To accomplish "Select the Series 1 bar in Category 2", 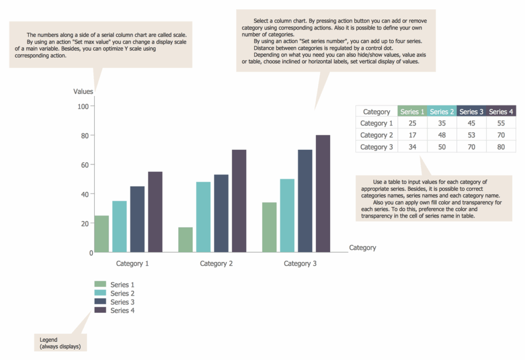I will point(186,239).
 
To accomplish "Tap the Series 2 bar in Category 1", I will point(119,226).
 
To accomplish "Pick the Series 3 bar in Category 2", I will point(221,213).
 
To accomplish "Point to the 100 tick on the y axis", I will point(83,106).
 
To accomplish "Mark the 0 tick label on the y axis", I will point(91,253).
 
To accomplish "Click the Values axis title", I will point(83,91).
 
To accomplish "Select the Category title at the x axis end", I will point(362,248).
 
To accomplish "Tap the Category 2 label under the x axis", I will point(216,264).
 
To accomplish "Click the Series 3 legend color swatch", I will point(100,302).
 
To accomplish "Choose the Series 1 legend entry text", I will point(123,285).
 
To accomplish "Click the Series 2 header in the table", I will point(441,111).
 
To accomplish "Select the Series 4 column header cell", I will point(501,111).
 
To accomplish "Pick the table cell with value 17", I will point(412,135).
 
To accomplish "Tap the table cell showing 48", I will point(441,135).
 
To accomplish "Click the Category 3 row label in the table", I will point(377,147).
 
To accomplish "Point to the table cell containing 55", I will point(501,123).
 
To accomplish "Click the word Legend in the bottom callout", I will point(49,339).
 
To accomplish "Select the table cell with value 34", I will point(412,147).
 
